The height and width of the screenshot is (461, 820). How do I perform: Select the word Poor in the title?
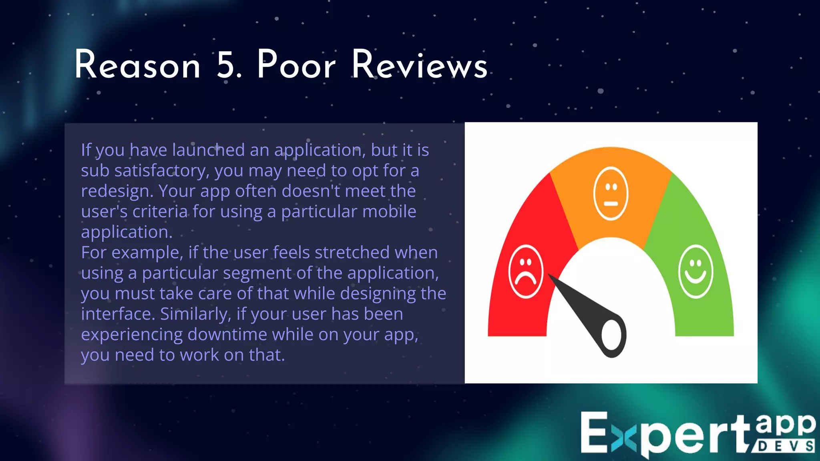[296, 65]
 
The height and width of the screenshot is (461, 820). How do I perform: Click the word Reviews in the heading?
[419, 65]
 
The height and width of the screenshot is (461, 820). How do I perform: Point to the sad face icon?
[526, 272]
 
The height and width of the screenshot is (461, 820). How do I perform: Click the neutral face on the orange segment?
[611, 194]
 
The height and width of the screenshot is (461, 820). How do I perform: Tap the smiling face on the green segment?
[696, 271]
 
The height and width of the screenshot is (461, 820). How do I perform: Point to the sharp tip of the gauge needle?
[549, 275]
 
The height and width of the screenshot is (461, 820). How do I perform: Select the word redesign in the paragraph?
[117, 191]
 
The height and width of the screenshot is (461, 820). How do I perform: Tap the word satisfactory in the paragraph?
[161, 171]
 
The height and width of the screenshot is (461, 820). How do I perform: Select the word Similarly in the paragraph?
[195, 314]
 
